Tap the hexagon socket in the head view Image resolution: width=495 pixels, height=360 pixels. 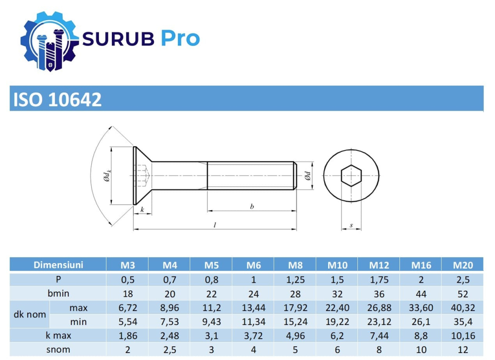[x=351, y=176]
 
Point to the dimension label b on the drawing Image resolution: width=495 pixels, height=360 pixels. [x=251, y=206]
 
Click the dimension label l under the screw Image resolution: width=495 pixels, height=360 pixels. [x=214, y=225]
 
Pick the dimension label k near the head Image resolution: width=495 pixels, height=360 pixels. [x=142, y=210]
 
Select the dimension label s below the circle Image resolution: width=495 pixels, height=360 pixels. [x=351, y=225]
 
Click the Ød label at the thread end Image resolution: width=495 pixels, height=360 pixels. [x=307, y=176]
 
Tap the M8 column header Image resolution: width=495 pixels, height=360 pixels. [x=296, y=265]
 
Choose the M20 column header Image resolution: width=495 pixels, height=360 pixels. [x=463, y=265]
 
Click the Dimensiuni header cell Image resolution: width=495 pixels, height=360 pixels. [x=58, y=265]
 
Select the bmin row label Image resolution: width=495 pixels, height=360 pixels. [x=58, y=293]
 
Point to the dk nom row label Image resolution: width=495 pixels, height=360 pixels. [x=29, y=315]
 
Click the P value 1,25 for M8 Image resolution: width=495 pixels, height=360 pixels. [x=296, y=279]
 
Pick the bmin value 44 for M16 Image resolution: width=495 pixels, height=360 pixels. [x=421, y=293]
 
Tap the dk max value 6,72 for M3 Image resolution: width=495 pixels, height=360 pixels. [x=128, y=308]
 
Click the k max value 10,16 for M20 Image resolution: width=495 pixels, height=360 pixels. [x=463, y=336]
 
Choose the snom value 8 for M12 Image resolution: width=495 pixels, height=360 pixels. [x=379, y=350]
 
